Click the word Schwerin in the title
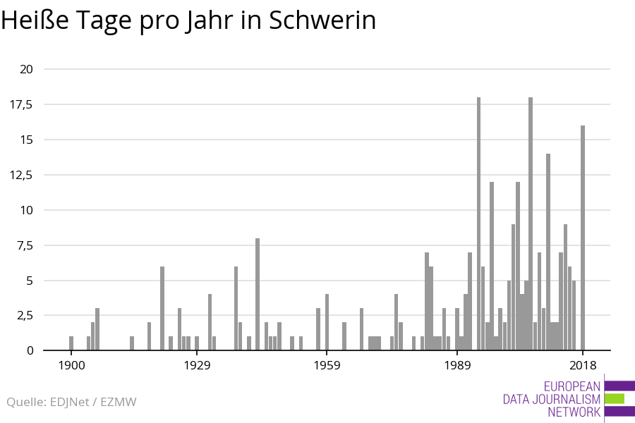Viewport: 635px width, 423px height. click(x=322, y=20)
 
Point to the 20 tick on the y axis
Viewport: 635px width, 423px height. click(x=28, y=69)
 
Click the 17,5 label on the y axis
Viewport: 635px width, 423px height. click(x=23, y=104)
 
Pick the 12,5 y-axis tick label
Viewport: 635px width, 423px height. click(x=23, y=175)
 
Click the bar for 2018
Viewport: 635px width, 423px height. click(x=583, y=238)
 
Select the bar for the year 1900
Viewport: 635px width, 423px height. click(x=71, y=343)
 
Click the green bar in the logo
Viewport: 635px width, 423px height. click(x=615, y=399)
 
